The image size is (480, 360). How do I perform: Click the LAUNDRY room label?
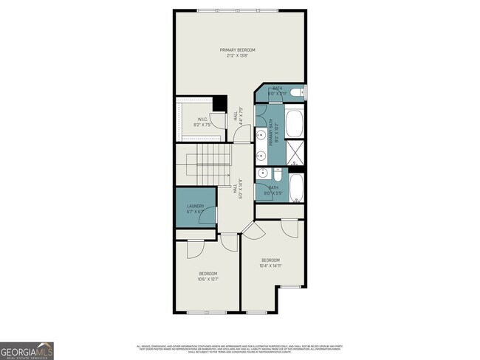click(x=195, y=206)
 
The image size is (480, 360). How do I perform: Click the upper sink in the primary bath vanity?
click(x=261, y=134)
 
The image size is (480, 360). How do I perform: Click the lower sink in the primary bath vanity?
click(x=261, y=156)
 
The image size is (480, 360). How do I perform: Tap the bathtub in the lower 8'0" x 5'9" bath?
click(x=295, y=189)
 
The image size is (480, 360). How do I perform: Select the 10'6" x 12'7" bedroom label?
click(x=208, y=277)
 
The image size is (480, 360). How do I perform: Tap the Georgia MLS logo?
click(x=27, y=350)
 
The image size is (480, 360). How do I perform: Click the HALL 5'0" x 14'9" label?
click(x=238, y=189)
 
